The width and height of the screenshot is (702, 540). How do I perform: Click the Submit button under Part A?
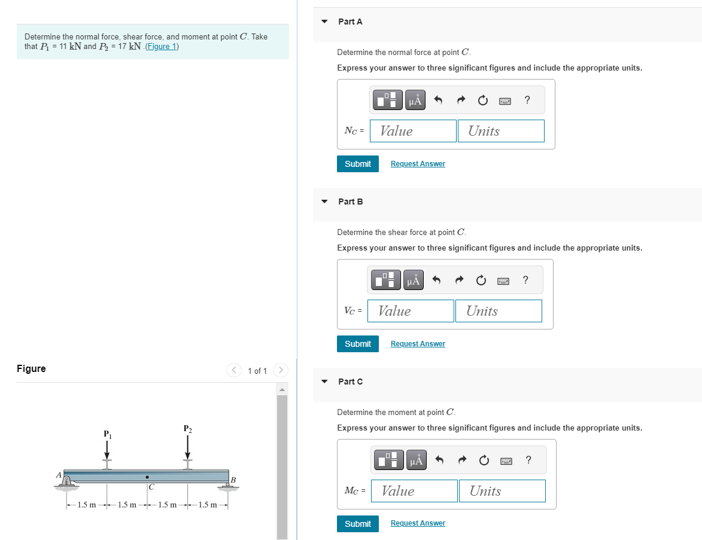pyautogui.click(x=358, y=164)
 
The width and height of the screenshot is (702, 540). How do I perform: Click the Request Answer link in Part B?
pyautogui.click(x=418, y=344)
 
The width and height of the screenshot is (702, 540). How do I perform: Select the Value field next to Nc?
pyautogui.click(x=413, y=131)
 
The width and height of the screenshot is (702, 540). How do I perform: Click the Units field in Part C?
pyautogui.click(x=502, y=491)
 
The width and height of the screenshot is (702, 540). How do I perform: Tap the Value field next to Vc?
pyautogui.click(x=411, y=311)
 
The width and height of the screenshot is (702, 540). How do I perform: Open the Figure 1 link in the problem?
pyautogui.click(x=162, y=47)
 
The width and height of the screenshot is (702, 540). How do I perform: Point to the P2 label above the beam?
pyautogui.click(x=188, y=428)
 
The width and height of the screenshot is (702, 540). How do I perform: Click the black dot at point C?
pyautogui.click(x=147, y=477)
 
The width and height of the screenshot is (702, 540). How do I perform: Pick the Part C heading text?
pyautogui.click(x=350, y=382)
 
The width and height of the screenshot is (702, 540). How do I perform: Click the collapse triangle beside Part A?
pyautogui.click(x=324, y=22)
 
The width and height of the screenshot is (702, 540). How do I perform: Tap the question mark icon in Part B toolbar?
pyautogui.click(x=525, y=280)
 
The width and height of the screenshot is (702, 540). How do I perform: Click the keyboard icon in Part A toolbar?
pyautogui.click(x=505, y=100)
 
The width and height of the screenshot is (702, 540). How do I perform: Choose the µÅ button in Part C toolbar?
pyautogui.click(x=417, y=460)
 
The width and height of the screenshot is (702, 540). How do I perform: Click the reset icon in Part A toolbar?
pyautogui.click(x=482, y=100)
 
